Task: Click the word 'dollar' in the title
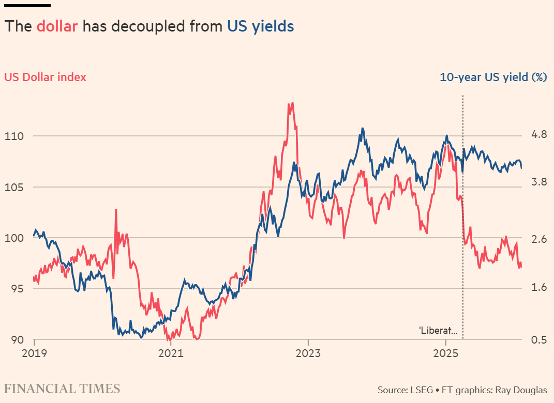[x=57, y=26]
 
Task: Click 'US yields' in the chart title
[x=260, y=26]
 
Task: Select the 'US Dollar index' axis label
[x=46, y=78]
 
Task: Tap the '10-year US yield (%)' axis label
[x=493, y=78]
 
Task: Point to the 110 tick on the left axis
[x=14, y=136]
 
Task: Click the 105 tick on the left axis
[x=14, y=187]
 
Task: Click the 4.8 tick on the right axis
[x=538, y=135]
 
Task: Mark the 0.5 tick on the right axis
[x=538, y=339]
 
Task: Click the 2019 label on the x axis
[x=34, y=354]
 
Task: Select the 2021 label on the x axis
[x=171, y=354]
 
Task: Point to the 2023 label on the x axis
[x=308, y=354]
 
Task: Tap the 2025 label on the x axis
[x=445, y=354]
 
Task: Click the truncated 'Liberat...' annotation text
[x=438, y=330]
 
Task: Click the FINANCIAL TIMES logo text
[x=62, y=389]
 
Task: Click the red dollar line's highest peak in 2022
[x=292, y=103]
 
